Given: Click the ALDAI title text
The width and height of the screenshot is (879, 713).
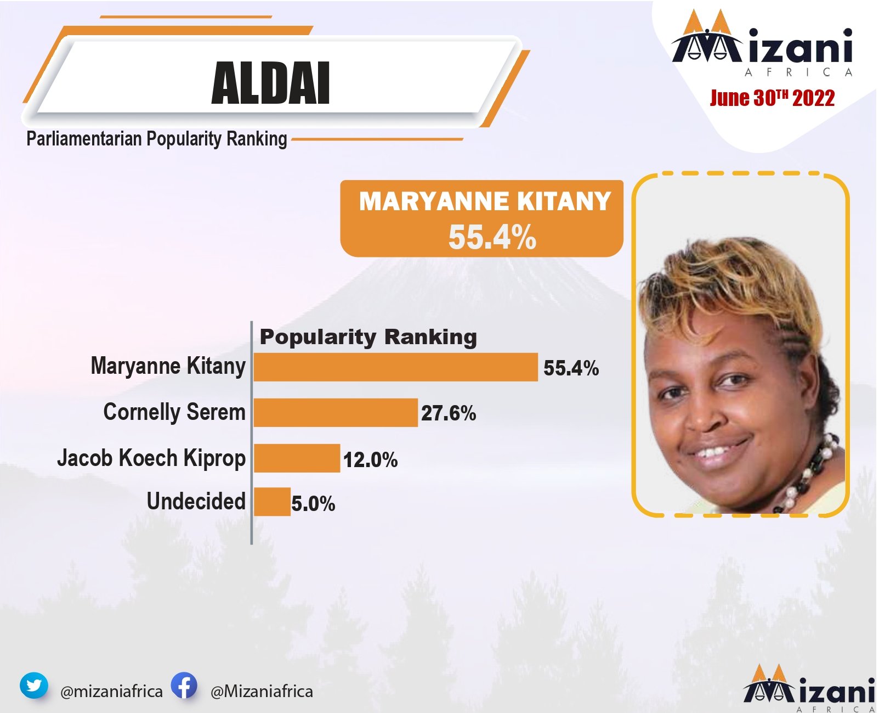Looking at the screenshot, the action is coord(270,83).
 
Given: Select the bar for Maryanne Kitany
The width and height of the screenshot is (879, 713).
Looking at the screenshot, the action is coord(396,367).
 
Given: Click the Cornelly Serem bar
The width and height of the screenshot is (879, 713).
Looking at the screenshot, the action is coord(336,412).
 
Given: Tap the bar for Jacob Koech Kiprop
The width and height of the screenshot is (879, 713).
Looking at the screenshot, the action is coord(297,458).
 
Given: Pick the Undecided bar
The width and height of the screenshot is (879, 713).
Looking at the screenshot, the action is coord(273,502).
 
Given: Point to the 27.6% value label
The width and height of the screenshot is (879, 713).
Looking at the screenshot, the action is coord(449,413).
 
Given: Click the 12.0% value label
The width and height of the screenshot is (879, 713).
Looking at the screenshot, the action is coord(371,460).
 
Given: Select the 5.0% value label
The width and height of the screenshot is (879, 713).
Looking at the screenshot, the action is coord(313,504).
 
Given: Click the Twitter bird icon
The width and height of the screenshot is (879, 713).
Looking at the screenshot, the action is coord(34,686).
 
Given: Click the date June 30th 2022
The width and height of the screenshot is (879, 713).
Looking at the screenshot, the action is coord(772,98).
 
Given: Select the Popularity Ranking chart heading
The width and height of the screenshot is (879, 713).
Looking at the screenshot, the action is coord(368,337).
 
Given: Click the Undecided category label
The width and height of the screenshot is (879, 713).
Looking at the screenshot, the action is coord(196,501).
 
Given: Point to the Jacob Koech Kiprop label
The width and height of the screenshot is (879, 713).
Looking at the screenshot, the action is coord(151,458).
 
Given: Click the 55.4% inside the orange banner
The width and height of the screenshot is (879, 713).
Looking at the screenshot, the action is coord(492,238).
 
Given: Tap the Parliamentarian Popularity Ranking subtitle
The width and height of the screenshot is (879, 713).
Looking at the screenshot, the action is coord(157,139).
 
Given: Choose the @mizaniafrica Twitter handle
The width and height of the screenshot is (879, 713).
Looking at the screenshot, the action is coord(111,692).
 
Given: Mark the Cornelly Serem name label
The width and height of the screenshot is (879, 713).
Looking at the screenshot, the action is coord(174,412).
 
